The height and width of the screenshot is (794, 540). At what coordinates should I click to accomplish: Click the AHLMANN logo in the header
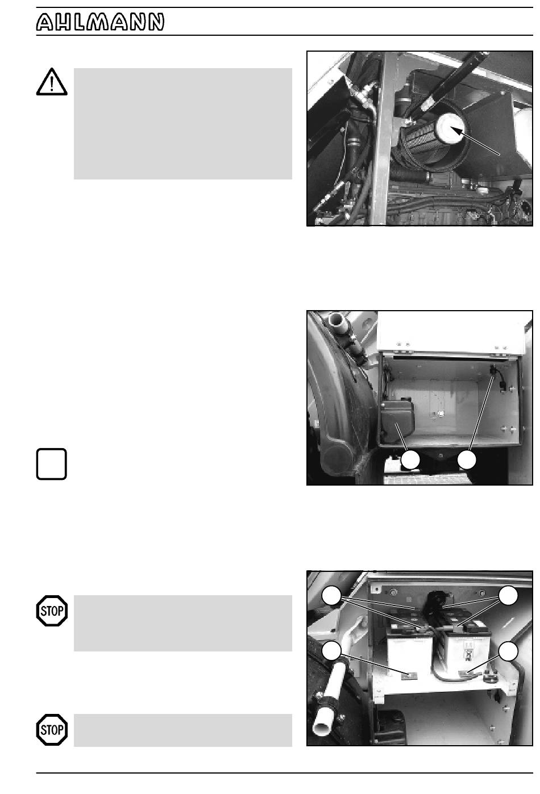click(x=100, y=22)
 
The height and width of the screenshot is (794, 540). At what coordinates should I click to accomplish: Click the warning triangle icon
click(x=52, y=82)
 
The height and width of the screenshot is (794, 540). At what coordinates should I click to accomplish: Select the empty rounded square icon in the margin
click(x=52, y=464)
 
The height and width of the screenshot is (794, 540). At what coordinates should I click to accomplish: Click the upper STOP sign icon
click(x=52, y=611)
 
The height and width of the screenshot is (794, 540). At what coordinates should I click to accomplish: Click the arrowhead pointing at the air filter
click(x=458, y=131)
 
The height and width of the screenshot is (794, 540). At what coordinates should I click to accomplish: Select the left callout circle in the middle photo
click(x=411, y=460)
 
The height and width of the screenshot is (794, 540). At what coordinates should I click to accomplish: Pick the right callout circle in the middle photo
click(x=467, y=460)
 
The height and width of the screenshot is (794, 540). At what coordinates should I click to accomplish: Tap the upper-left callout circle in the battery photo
click(x=331, y=596)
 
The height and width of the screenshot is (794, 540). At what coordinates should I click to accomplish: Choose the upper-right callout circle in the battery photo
click(x=508, y=596)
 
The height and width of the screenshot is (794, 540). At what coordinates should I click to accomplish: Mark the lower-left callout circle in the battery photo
click(x=331, y=651)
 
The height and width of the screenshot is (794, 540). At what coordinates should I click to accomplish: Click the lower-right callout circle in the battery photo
click(x=508, y=651)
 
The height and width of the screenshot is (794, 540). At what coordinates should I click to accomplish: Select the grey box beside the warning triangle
click(x=182, y=124)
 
